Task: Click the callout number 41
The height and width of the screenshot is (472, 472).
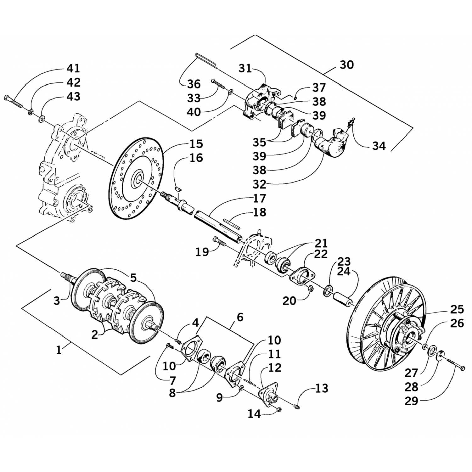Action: [x=73, y=68]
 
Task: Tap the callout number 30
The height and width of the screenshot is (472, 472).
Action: [x=346, y=65]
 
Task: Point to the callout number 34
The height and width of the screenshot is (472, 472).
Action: [x=379, y=146]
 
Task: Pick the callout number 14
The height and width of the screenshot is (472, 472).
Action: [x=254, y=414]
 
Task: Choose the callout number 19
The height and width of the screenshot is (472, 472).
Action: [x=202, y=252]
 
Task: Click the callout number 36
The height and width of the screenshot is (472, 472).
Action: [x=194, y=84]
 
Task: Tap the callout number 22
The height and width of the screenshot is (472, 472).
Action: [x=321, y=254]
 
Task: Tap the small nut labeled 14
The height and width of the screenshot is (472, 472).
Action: [x=278, y=409]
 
